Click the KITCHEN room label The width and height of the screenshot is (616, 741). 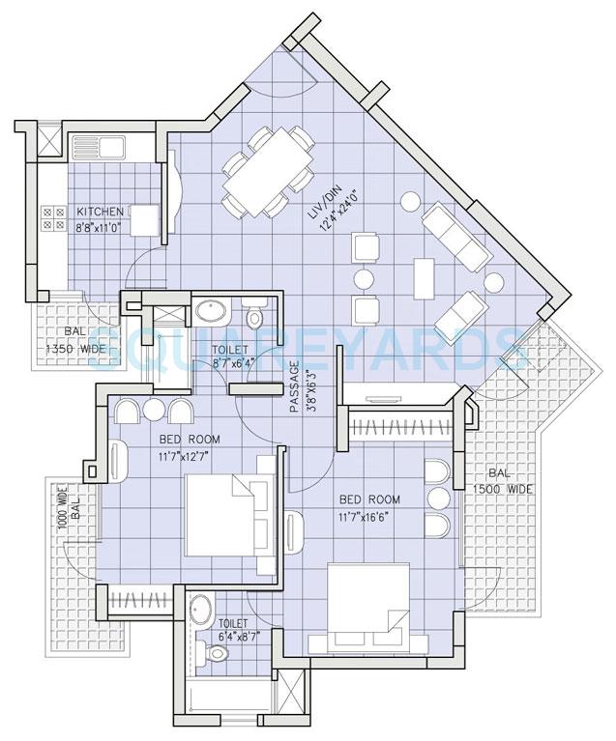[x=100, y=212]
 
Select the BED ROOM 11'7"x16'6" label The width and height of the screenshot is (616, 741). [x=370, y=507]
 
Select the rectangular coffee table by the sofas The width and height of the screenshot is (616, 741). [x=425, y=280]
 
